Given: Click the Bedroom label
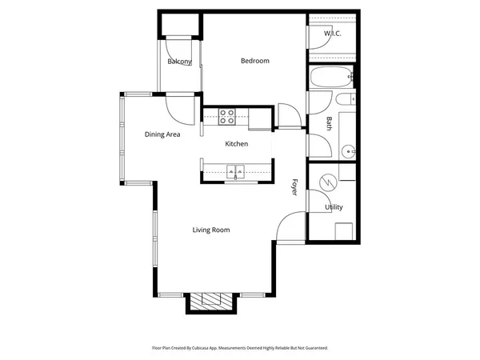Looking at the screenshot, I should coord(255,61).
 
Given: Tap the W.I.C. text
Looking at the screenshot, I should coord(332,34).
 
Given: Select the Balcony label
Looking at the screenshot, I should coord(179,62).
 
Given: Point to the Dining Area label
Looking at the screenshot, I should coord(162,134).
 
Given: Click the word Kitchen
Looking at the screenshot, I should coord(236,144).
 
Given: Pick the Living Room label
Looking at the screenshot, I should coord(210,230).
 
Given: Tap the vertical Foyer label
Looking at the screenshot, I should coord(294,188).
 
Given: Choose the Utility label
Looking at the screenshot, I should coord(334,207).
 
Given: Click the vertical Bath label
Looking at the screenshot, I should coord(329,123).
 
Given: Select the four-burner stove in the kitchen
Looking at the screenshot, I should coord(227,117).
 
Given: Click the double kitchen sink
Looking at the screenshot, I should coord(235,170).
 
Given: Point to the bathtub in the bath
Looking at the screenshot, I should coord(329,78).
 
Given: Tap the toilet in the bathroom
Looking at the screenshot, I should coord(346,100).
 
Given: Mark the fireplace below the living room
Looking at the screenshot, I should coord(211,301).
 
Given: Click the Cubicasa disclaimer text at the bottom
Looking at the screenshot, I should coord(240,348).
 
